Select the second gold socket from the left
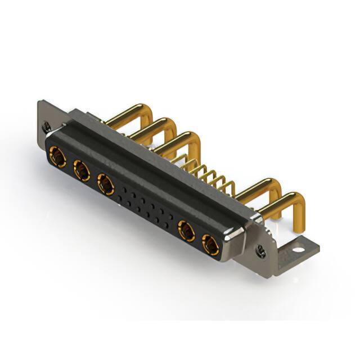coord(82,170)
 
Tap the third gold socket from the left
coord(105,184)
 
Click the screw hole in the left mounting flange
coord(48,128)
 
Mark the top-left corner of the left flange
coord(39,102)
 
